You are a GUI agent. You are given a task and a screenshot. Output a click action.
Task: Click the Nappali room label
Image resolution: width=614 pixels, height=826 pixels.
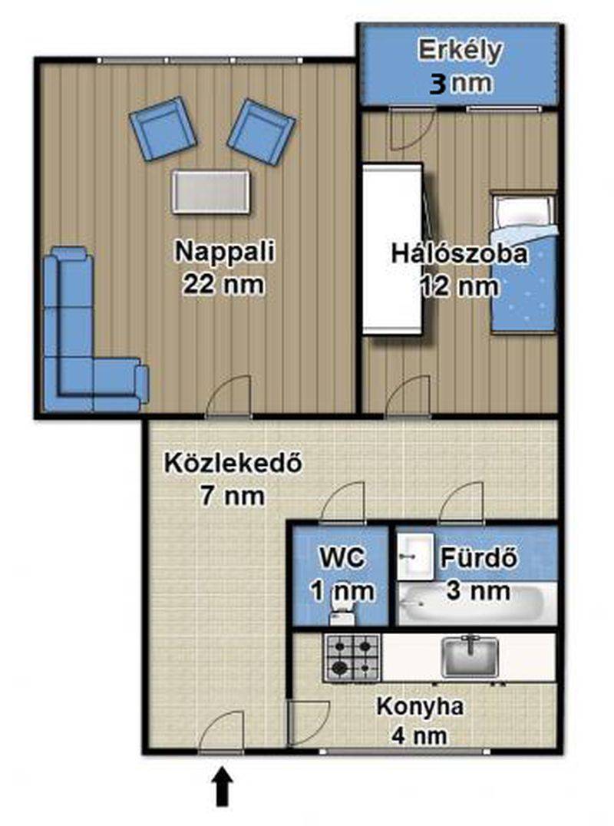coord(225,251)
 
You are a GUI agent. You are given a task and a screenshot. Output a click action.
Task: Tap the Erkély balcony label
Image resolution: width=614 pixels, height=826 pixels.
coord(460,51)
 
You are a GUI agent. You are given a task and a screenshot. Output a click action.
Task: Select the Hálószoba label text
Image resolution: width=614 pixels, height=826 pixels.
coord(459,254)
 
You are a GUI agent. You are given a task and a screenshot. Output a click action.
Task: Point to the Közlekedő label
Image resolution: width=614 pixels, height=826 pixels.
coord(233,464)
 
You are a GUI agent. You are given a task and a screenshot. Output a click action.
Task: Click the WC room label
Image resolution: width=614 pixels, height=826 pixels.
coord(342,558)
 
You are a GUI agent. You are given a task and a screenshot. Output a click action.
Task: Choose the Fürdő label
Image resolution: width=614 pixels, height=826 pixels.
coord(479,558)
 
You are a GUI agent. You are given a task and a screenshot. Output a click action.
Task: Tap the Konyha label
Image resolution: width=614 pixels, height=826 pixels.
coord(420,707)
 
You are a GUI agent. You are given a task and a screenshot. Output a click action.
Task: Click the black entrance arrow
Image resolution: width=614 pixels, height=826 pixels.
coord(223,786)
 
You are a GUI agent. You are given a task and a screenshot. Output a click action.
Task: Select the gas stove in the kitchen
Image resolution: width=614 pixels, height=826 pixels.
coord(352,657)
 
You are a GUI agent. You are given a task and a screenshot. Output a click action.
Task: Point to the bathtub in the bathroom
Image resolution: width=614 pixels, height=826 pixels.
coord(470,603)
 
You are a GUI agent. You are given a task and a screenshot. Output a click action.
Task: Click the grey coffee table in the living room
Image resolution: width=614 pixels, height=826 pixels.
coord(210,192)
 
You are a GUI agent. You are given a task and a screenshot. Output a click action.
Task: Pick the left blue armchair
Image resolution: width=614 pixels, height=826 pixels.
coord(163,128)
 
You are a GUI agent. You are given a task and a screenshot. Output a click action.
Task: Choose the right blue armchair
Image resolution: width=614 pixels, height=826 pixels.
coord(262,132)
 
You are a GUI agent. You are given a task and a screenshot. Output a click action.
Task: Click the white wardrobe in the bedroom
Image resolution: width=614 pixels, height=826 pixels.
coord(393,249)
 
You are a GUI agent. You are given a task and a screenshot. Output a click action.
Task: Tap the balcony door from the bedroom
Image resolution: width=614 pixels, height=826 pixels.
coord(411,129)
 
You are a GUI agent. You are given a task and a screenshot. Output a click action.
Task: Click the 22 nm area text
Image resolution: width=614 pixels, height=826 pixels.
coord(224,285)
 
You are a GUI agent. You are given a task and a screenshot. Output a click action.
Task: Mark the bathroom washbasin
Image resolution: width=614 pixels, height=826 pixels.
coord(415,557)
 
